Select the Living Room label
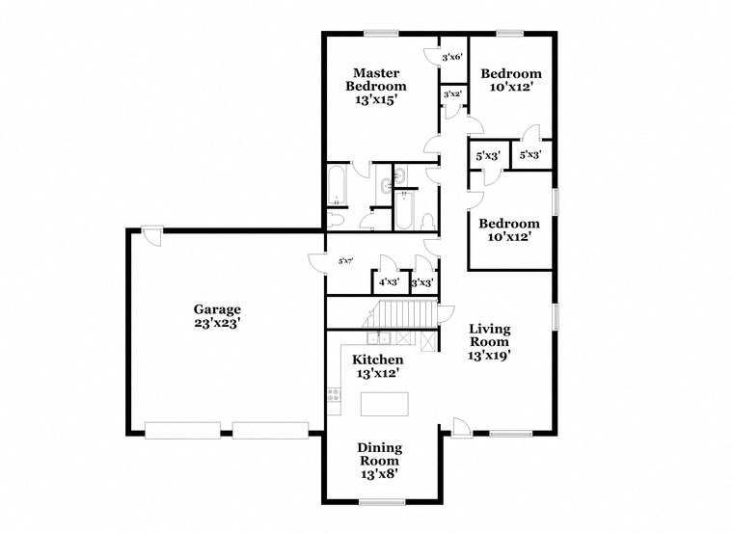(488, 341)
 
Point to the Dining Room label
(379, 460)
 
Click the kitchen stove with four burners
(334, 394)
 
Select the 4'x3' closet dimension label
(389, 283)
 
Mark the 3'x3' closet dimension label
(421, 283)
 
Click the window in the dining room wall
(381, 502)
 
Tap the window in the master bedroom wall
(380, 34)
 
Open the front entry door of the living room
(461, 428)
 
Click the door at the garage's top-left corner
(150, 232)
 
